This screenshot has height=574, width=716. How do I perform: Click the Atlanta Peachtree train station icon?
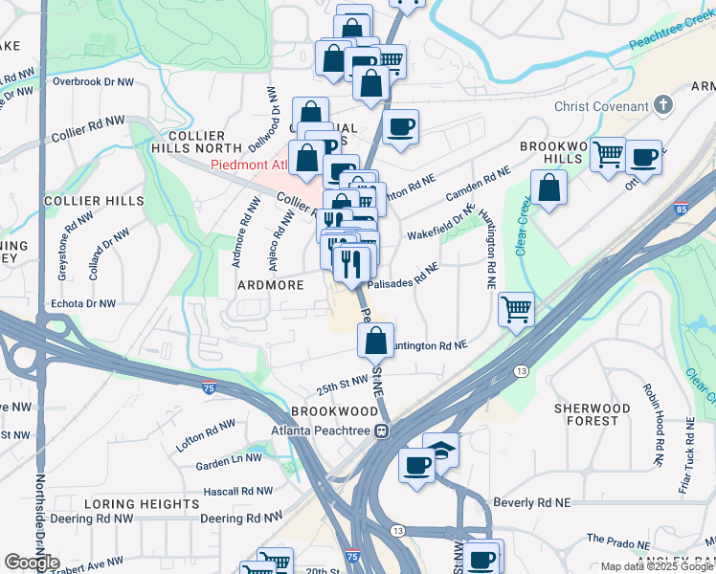coord(381,430)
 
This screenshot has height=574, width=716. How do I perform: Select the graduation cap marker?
coord(441,449)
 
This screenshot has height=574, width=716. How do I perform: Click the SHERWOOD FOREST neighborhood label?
coord(593,414)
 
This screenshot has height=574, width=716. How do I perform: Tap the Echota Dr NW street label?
coord(83,303)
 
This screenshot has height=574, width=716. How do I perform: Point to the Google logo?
coord(33,563)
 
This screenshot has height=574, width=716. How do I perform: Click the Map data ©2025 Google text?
coord(657,566)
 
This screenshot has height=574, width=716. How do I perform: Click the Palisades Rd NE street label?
coord(402,276)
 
